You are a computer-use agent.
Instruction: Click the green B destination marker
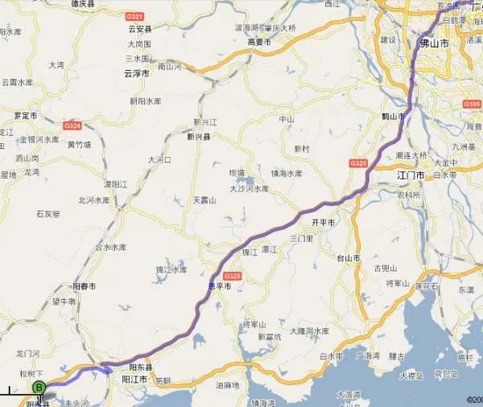[38, 387]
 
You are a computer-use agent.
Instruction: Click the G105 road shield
[473, 104]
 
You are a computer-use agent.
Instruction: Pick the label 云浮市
[137, 73]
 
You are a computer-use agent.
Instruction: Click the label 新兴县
[198, 137]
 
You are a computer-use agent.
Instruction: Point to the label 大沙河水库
[250, 189]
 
